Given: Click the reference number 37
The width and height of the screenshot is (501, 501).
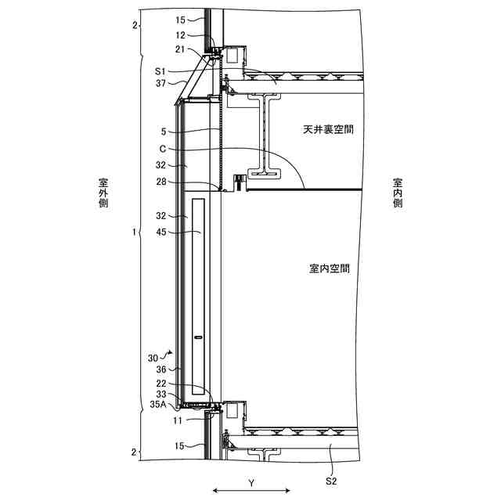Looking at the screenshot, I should (160, 82).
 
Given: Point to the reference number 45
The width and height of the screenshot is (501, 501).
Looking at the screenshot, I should (160, 232).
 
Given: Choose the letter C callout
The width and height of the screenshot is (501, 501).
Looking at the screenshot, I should (162, 149).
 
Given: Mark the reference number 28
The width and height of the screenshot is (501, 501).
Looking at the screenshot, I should (160, 182).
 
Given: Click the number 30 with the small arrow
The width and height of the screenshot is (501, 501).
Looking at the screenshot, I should (153, 357).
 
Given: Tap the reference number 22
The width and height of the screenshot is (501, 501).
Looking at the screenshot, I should (160, 383).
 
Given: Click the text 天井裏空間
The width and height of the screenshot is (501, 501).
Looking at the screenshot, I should (327, 128).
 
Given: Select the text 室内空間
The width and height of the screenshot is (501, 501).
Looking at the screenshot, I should (330, 269).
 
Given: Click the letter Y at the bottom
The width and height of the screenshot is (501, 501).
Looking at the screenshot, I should (251, 483).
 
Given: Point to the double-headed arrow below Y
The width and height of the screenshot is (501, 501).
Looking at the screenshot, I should (251, 492).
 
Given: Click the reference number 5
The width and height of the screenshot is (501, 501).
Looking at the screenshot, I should (163, 131).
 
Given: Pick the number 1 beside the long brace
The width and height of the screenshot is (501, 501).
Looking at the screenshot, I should (134, 232).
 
